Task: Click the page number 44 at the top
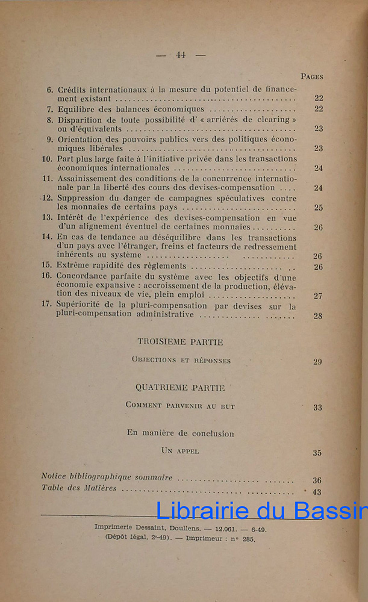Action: click(181, 54)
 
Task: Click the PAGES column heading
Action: click(311, 76)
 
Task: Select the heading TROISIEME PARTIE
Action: click(180, 342)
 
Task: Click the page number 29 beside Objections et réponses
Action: click(317, 361)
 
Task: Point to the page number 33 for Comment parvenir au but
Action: click(317, 408)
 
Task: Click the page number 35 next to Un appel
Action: click(317, 453)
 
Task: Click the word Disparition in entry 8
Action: click(79, 119)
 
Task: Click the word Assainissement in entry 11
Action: click(87, 179)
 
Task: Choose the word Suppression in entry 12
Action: click(81, 198)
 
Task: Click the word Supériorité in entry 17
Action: click(80, 305)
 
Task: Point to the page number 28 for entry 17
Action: click(318, 315)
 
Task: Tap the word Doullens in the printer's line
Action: click(187, 528)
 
